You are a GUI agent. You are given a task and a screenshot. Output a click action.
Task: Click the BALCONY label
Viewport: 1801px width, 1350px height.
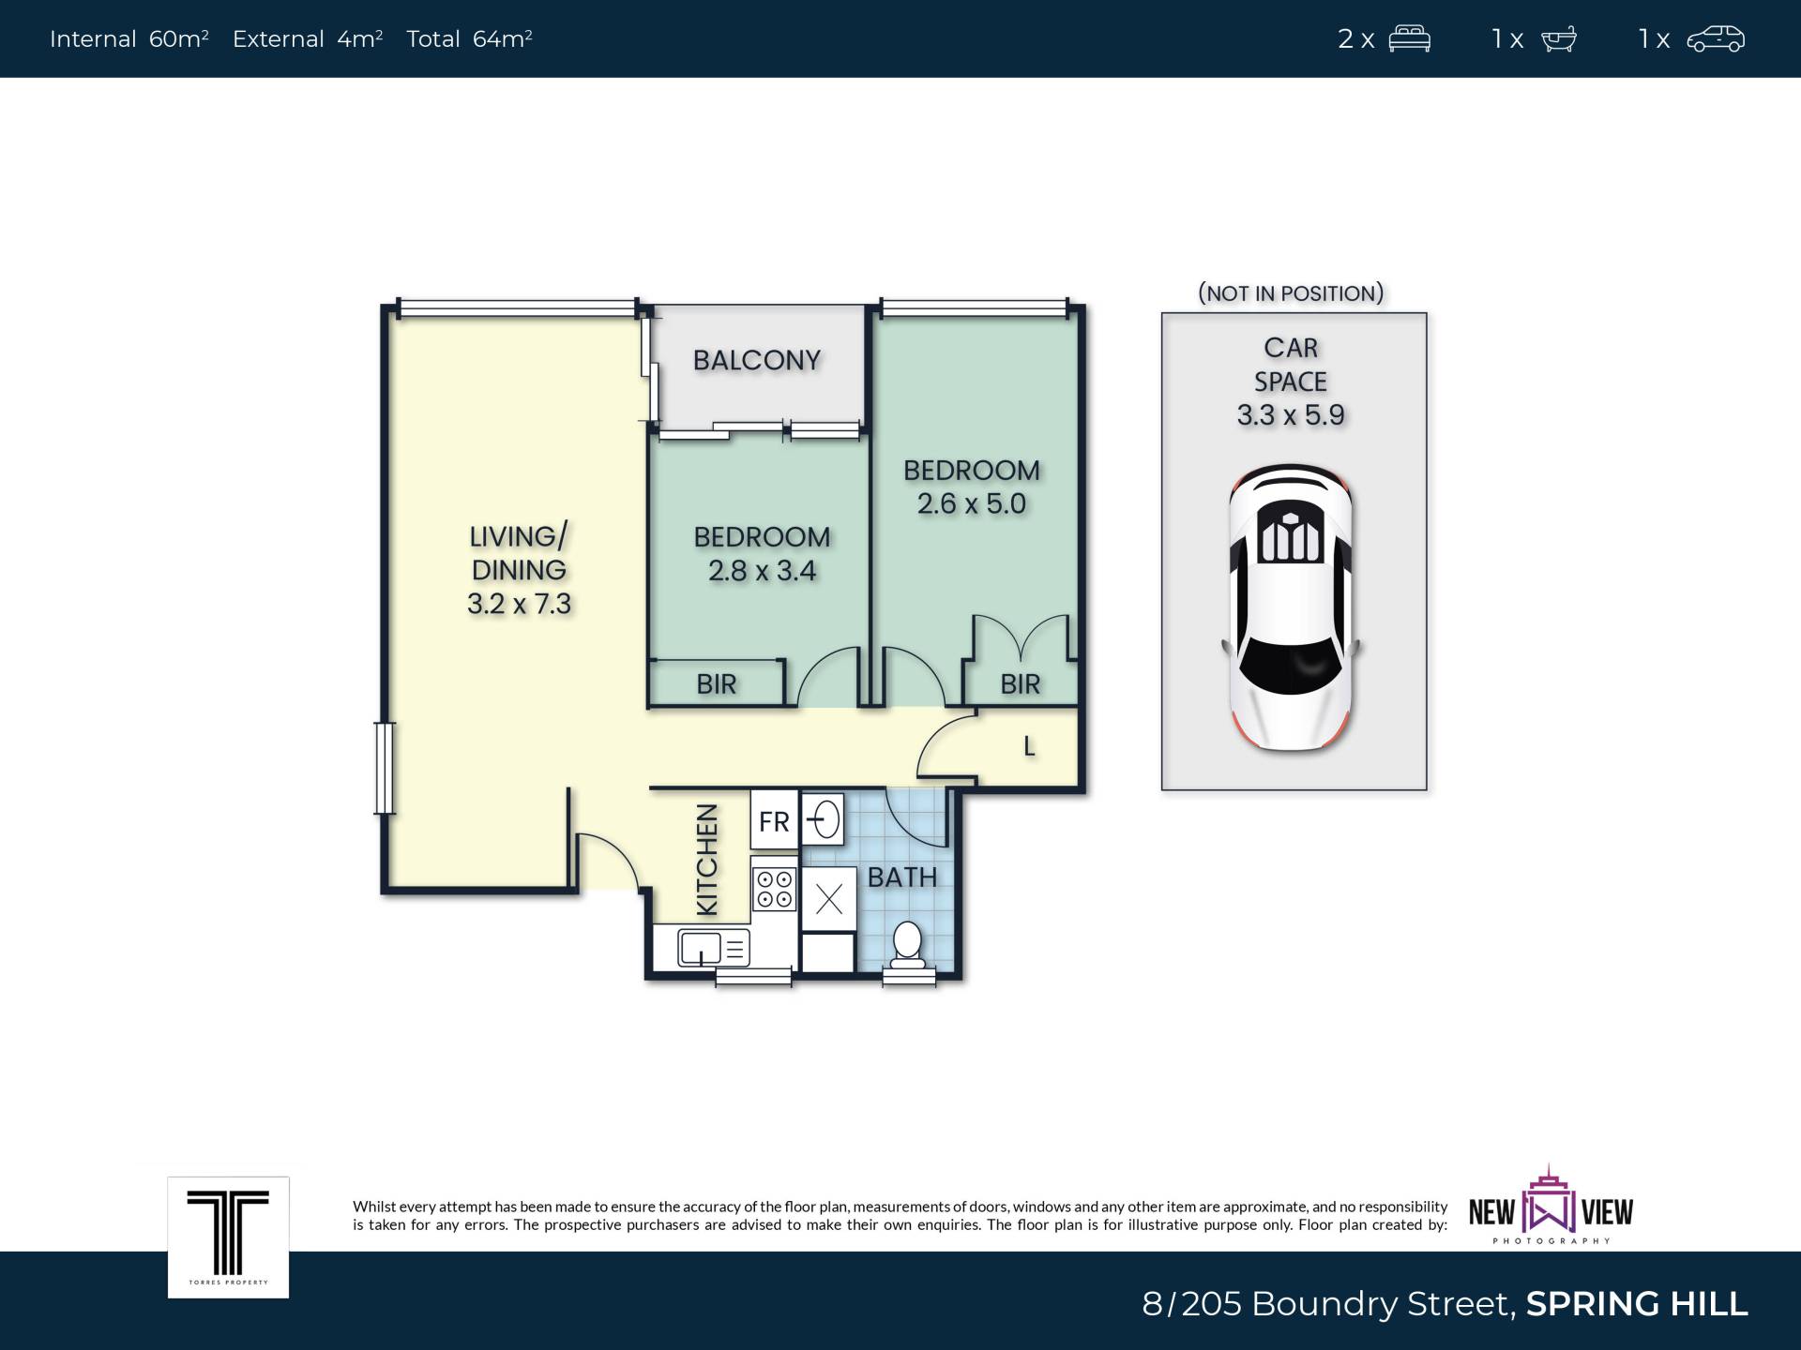coord(757,360)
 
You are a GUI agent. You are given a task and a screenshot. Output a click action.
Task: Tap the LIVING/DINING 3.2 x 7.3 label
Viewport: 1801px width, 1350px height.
coord(519,570)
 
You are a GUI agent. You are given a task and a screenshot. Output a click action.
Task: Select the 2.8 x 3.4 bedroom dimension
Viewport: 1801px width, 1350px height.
coord(762,570)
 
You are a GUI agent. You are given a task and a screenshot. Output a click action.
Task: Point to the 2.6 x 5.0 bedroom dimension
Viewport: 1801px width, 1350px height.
coord(972,503)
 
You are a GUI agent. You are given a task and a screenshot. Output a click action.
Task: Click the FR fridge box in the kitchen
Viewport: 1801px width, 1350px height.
coord(774,821)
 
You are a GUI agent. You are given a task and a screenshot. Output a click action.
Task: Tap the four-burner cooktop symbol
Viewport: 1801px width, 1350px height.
coord(775,889)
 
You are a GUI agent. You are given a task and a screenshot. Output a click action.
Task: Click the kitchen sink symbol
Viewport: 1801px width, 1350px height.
coord(714,948)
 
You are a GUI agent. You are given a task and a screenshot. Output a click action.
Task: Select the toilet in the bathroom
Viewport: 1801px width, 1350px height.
coord(907,945)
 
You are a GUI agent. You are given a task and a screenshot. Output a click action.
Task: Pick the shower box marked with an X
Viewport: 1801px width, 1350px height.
coord(829,899)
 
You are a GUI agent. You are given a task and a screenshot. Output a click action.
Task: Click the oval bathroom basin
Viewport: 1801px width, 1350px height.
coord(824,820)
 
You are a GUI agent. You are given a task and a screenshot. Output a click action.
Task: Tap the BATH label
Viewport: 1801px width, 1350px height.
coord(902,877)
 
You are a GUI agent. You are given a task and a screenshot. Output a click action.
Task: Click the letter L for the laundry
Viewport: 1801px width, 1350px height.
coord(1029,746)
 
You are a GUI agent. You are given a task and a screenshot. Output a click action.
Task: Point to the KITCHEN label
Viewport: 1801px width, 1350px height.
coord(707,859)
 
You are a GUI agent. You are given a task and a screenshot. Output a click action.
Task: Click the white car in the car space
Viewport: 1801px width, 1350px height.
coord(1291,607)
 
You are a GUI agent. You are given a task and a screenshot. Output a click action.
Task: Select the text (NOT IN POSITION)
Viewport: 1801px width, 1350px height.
coord(1291,293)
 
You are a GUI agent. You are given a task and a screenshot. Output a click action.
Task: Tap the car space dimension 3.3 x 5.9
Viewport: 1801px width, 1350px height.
coord(1291,414)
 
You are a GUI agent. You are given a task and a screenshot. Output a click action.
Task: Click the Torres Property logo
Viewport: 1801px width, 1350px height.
coord(228,1237)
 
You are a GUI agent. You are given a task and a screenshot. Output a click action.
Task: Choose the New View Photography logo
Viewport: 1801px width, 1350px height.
coord(1551,1207)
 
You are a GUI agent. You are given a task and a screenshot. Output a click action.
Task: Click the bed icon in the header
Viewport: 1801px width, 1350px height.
coord(1409,39)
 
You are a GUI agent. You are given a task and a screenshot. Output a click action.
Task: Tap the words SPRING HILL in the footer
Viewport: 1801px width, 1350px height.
coord(1637,1304)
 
